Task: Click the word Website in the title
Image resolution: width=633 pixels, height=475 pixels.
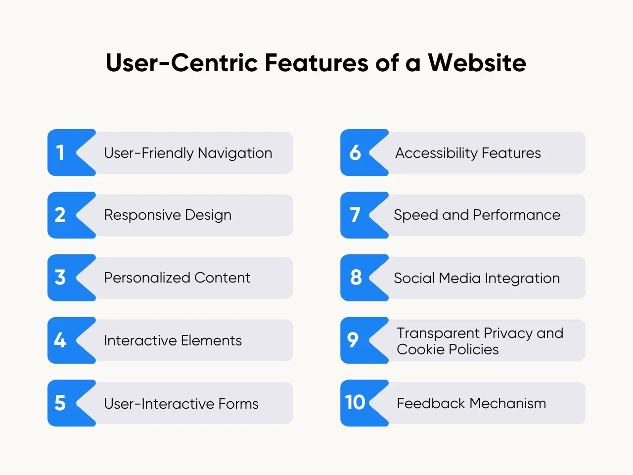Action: [477, 62]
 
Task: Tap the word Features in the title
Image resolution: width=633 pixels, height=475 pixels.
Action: [316, 62]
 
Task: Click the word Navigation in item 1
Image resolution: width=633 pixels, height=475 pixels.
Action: [235, 153]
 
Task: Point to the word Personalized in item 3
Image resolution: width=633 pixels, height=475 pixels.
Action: [147, 278]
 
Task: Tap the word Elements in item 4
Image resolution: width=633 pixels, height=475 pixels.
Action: [211, 340]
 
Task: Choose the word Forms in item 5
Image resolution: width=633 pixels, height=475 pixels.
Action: [238, 403]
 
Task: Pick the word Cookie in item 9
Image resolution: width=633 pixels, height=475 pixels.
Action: [420, 349]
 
